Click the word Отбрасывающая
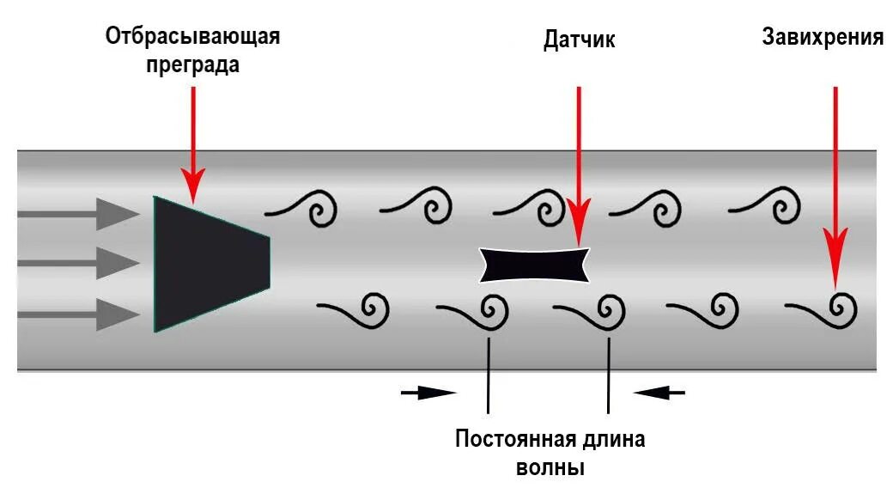192,37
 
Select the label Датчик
580,40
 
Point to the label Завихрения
823,37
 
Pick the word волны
550,468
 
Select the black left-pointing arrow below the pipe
660,393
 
